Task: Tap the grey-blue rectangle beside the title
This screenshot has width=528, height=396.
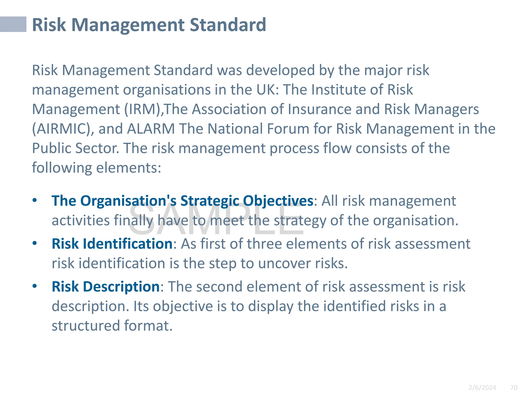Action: (13, 24)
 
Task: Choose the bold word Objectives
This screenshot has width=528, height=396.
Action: (278, 201)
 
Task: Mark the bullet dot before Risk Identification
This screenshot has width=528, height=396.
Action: (35, 243)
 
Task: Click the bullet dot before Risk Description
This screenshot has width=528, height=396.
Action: (35, 286)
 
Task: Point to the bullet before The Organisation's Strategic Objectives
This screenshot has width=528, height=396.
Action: (35, 200)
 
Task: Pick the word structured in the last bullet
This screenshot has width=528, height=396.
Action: (85, 326)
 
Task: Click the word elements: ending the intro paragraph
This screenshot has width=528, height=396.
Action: (129, 168)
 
